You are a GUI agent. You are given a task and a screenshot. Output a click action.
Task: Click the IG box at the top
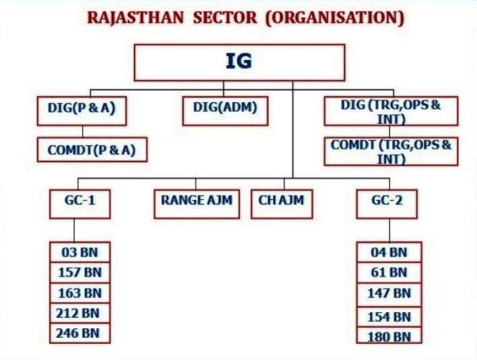click(x=240, y=63)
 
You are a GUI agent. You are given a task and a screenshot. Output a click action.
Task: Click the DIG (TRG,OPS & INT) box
click(x=391, y=111)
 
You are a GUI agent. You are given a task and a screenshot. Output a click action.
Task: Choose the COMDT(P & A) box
click(x=92, y=149)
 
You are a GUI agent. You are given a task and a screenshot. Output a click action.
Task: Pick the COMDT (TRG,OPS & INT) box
click(x=391, y=152)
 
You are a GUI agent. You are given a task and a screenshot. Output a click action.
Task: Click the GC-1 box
click(x=79, y=203)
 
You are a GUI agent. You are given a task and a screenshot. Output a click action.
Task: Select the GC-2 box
click(x=386, y=203)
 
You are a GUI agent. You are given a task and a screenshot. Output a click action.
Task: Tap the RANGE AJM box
click(x=196, y=203)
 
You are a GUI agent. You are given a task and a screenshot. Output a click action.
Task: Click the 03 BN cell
click(x=79, y=252)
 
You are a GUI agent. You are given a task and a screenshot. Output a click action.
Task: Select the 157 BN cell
click(x=79, y=273)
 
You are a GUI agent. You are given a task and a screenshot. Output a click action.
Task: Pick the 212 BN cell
click(x=79, y=313)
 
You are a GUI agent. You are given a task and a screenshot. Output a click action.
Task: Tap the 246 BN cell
click(x=79, y=332)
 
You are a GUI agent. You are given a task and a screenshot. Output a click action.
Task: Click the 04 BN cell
click(x=389, y=252)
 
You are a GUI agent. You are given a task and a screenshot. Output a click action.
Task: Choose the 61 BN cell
click(x=389, y=273)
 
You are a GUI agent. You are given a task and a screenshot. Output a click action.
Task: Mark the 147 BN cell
click(x=389, y=293)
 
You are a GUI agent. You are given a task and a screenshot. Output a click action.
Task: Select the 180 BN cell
click(x=389, y=336)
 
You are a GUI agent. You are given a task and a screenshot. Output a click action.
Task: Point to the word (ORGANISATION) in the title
click(x=334, y=18)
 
